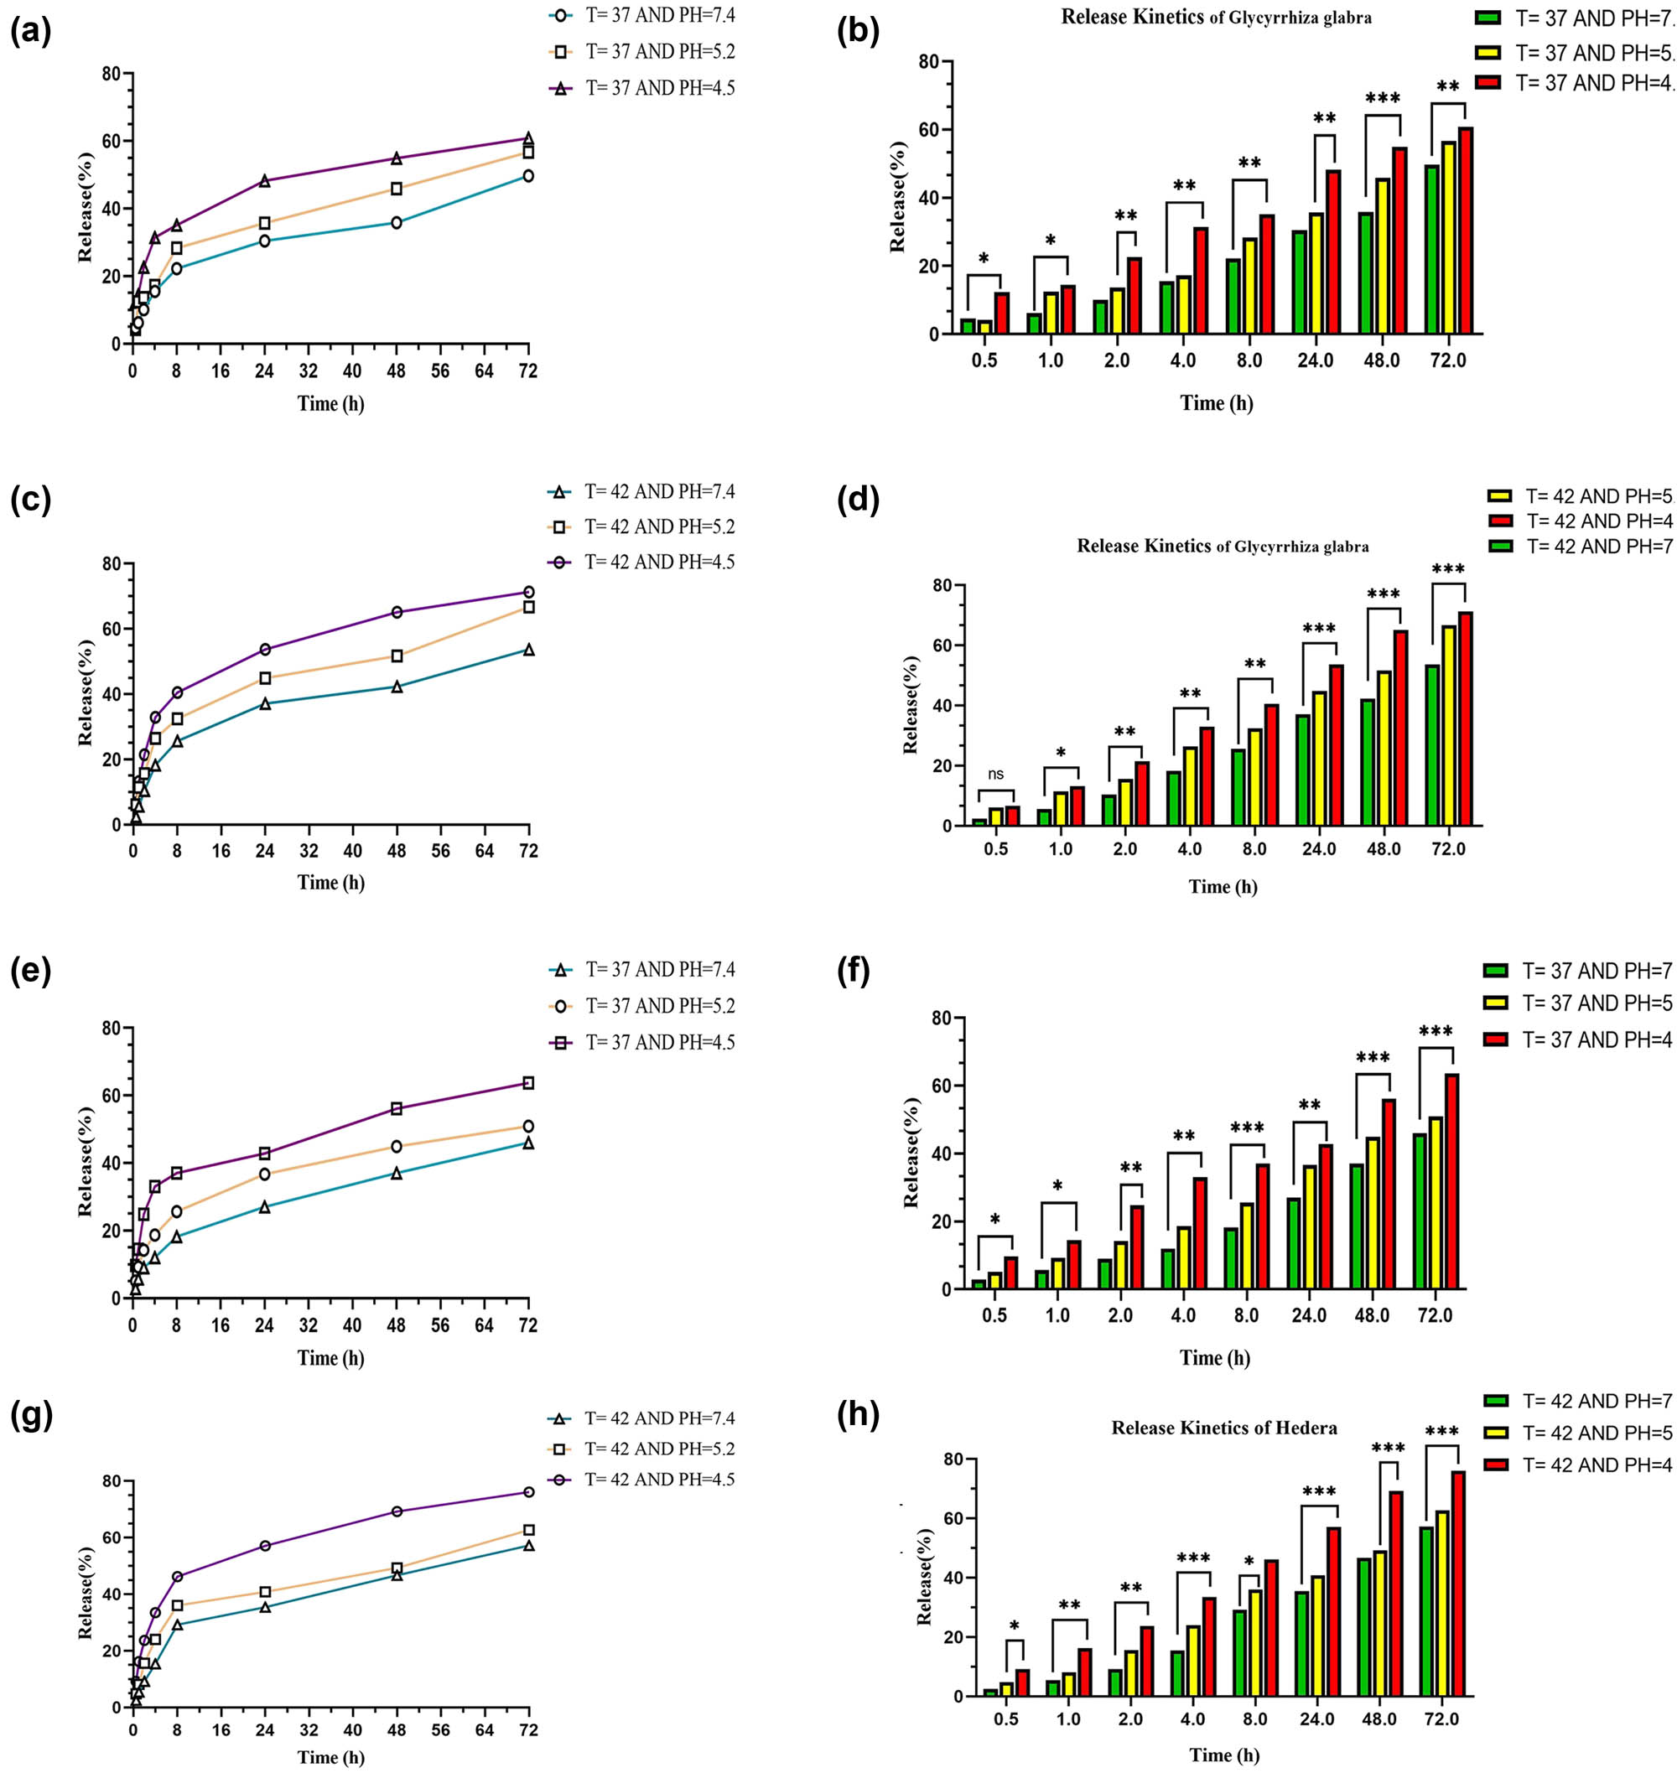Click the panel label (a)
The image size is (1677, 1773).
coord(30,32)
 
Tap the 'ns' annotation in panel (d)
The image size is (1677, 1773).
coord(996,774)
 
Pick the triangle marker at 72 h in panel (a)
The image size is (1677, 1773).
coord(528,138)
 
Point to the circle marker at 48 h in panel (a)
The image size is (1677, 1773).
coord(396,222)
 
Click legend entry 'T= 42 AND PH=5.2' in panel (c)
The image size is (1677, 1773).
coord(660,526)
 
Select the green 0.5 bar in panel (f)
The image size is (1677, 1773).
coord(979,1284)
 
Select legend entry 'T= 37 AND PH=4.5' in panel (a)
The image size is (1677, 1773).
coord(660,87)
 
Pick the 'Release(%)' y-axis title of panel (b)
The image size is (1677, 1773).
coord(897,198)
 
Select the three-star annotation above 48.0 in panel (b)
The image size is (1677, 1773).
coord(1382,97)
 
